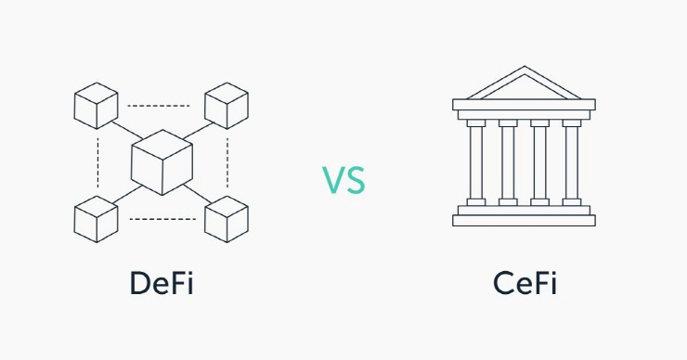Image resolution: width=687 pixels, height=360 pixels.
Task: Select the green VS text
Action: point(343,180)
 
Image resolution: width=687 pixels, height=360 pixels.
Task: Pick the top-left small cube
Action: point(96,105)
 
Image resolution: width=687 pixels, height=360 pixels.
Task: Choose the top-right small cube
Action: point(227,105)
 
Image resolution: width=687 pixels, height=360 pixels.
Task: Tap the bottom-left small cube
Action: point(96,219)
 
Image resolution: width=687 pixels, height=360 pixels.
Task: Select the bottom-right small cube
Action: point(227,219)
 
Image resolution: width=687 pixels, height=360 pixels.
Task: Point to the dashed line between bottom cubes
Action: point(162,220)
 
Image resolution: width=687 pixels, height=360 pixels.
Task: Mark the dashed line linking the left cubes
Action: point(97,162)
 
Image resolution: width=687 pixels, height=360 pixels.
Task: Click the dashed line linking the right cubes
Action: point(227,162)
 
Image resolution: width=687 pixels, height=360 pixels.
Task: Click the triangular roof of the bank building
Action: point(525,85)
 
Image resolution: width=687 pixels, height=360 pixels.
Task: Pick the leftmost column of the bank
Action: point(476,162)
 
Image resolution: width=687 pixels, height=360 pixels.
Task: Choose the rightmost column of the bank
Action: point(572,162)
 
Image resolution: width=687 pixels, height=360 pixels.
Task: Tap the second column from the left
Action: point(508,162)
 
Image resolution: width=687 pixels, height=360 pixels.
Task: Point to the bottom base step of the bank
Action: point(525,221)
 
